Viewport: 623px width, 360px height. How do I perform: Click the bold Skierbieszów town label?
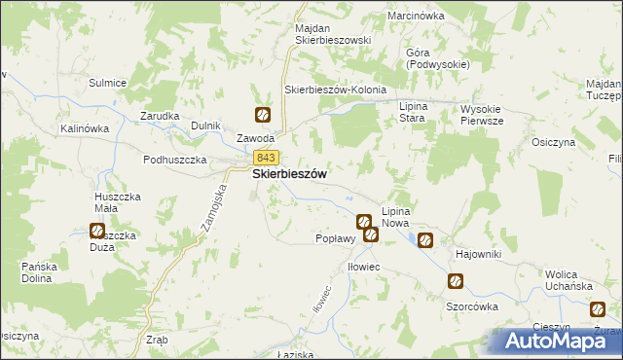click(x=289, y=174)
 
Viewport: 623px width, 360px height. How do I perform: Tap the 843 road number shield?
click(x=266, y=158)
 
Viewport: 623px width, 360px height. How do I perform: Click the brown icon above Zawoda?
click(x=262, y=115)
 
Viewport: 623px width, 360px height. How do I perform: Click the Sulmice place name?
click(x=107, y=83)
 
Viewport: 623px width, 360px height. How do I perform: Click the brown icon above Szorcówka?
click(x=455, y=281)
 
